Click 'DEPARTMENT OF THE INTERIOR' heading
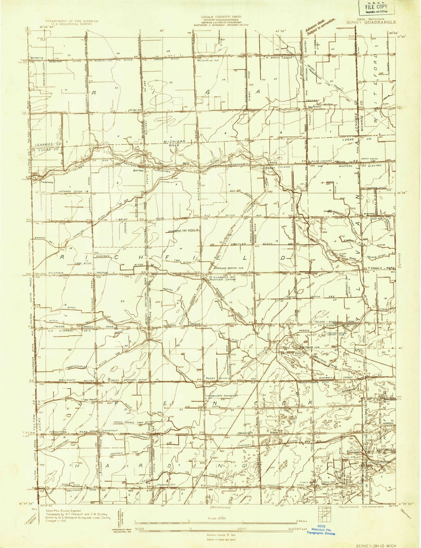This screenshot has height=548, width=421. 72,21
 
